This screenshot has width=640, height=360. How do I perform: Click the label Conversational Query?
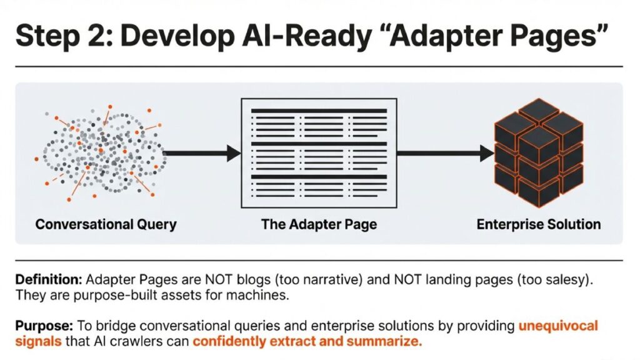106,225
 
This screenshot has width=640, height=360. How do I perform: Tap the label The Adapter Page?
319,225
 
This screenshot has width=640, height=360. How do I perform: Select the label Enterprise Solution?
538,224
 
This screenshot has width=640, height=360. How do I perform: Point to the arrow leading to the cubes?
445,154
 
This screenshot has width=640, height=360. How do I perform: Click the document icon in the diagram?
319,153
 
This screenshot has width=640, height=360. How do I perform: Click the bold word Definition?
49,280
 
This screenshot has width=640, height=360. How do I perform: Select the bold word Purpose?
44,326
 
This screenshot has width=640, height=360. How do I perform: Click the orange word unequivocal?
558,326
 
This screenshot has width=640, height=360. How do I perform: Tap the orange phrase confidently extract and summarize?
307,342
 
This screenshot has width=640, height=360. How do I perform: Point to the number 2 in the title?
99,35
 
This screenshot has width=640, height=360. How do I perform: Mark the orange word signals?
38,342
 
